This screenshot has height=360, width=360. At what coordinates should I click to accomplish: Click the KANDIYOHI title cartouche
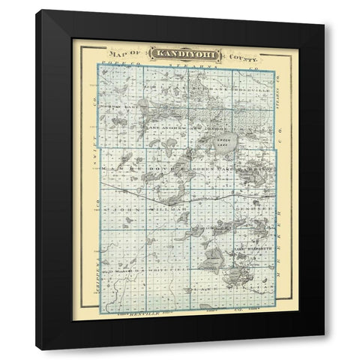pyautogui.click(x=179, y=54)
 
